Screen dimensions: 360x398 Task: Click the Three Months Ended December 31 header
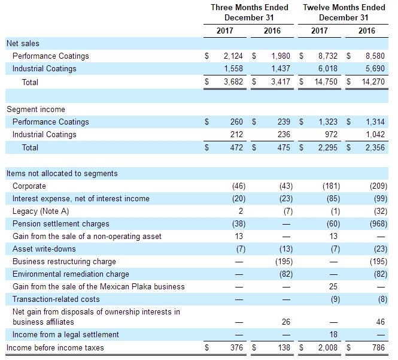coord(249,13)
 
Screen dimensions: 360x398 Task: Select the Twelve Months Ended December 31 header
coord(344,13)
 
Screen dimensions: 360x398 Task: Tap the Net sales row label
coord(23,43)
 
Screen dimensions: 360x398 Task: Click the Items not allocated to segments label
coord(62,173)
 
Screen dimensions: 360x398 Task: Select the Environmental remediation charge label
coord(71,274)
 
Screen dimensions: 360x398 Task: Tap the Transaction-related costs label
coord(56,299)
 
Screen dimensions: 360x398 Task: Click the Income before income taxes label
coord(55,347)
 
